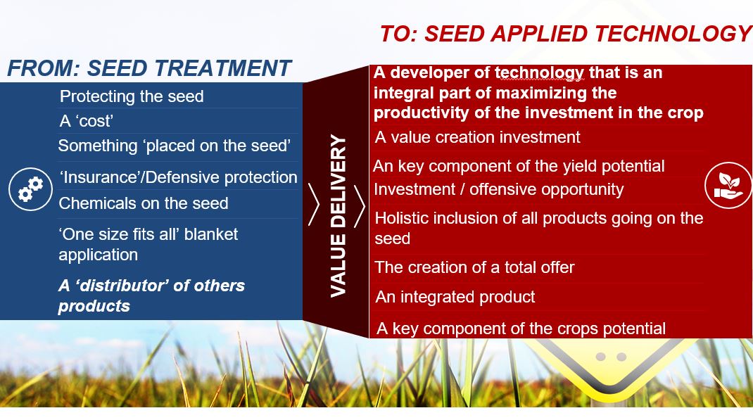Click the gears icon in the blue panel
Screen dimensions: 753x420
(30, 189)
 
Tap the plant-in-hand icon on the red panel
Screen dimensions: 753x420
(728, 185)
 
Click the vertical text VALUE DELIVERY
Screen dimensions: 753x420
(338, 216)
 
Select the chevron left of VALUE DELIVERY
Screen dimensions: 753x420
(314, 205)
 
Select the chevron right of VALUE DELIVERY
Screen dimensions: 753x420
(360, 206)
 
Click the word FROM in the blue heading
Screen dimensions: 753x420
(43, 68)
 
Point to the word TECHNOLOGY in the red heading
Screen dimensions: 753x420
(673, 34)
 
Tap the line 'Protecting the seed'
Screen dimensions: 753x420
(132, 96)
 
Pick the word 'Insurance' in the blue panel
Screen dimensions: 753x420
(101, 177)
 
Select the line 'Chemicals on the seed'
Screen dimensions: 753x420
(143, 203)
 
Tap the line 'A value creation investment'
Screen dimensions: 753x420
(477, 137)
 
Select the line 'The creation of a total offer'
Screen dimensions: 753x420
(474, 267)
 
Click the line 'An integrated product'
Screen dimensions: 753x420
(455, 297)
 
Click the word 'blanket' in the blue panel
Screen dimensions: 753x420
(211, 234)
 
